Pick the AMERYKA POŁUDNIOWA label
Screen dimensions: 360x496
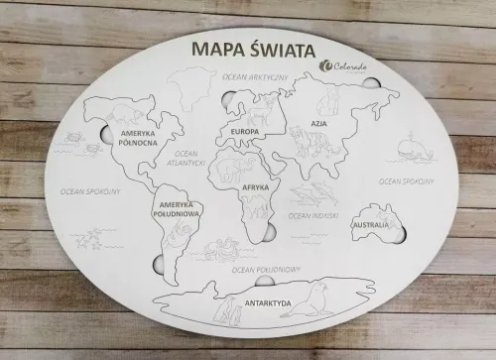pos(178,209)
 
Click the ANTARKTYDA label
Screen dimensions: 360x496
pos(270,301)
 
